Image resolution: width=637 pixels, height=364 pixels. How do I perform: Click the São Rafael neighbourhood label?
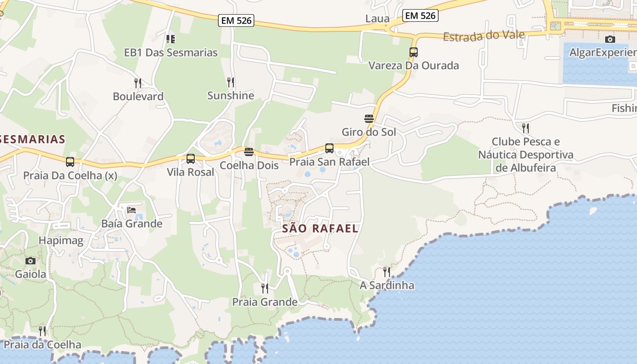click(320, 228)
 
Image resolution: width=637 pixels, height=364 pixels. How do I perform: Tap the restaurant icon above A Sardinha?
click(386, 272)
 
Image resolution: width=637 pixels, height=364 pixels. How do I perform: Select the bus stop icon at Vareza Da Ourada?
click(413, 52)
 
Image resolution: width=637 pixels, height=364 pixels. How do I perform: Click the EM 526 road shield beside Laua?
click(420, 15)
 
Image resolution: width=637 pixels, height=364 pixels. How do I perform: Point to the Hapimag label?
click(61, 241)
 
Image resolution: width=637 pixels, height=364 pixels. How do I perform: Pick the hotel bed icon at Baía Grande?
click(131, 210)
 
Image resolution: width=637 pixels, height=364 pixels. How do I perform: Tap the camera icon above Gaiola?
click(30, 261)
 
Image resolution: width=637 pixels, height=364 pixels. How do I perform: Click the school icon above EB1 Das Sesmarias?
click(171, 39)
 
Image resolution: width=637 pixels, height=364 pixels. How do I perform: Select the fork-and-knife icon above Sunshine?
click(231, 82)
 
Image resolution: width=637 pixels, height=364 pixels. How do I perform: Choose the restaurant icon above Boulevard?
click(138, 83)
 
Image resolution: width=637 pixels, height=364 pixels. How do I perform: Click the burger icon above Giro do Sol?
click(369, 119)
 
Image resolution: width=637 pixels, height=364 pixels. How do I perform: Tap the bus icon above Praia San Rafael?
click(329, 148)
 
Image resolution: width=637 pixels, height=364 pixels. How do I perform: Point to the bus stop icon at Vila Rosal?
click(191, 159)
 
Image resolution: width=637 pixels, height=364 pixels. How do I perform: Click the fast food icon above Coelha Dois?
click(248, 152)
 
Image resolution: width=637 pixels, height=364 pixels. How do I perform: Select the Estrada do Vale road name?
click(484, 35)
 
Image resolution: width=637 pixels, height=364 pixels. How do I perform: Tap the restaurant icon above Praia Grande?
click(264, 288)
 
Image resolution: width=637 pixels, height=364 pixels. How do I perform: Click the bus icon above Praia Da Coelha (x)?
click(70, 162)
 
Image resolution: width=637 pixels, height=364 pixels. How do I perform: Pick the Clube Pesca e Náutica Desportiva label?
click(526, 155)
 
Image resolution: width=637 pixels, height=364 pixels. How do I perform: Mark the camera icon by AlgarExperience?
click(610, 40)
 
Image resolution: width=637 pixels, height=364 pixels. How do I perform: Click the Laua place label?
click(377, 19)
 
